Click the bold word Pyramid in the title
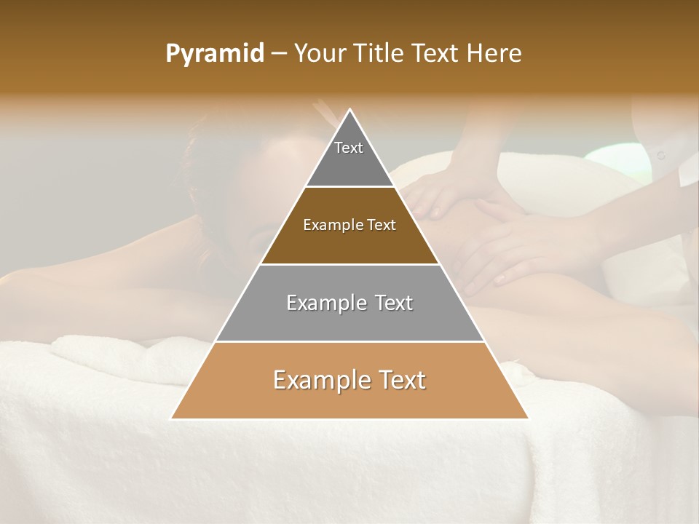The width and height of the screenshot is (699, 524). (x=215, y=53)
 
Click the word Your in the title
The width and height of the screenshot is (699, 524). (x=321, y=53)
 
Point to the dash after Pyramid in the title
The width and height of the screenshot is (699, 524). (x=279, y=54)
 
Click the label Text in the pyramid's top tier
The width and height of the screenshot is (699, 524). (x=349, y=148)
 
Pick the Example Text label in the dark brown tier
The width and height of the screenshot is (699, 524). (x=349, y=225)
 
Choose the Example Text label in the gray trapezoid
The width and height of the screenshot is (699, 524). (x=349, y=303)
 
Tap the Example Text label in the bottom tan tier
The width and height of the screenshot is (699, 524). (x=349, y=380)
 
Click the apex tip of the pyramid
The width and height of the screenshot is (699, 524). (x=350, y=110)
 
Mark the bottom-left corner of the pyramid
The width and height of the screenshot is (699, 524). (x=172, y=418)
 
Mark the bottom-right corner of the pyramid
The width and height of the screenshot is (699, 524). (x=528, y=418)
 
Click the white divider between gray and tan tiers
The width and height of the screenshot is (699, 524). (x=349, y=341)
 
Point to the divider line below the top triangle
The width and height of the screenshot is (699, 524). (x=349, y=186)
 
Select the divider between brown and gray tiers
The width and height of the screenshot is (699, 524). (x=349, y=264)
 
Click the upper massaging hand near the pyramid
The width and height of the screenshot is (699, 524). (x=431, y=196)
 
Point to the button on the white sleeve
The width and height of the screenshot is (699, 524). (x=661, y=155)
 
